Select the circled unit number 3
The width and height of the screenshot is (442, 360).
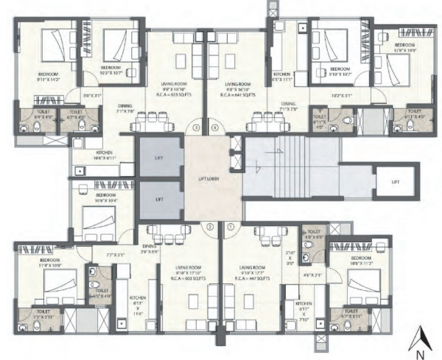pyautogui.click(x=196, y=127)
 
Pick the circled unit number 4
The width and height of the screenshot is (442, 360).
pyautogui.click(x=214, y=127)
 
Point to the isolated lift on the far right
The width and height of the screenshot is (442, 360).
pyautogui.click(x=395, y=181)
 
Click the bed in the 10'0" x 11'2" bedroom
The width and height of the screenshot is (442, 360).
pyautogui.click(x=368, y=284)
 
